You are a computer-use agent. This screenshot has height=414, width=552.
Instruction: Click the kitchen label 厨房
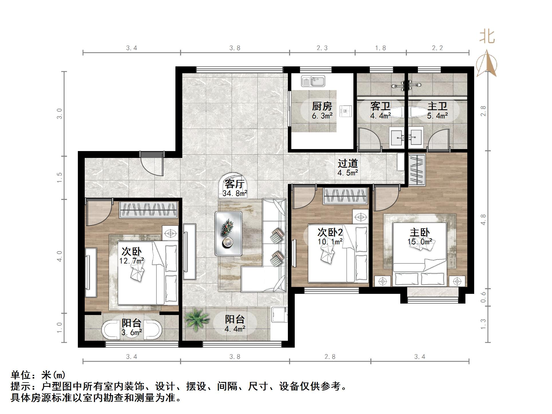point(322,106)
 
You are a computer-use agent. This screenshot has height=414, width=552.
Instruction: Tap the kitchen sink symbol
point(313,81)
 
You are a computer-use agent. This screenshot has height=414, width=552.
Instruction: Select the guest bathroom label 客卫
point(380,106)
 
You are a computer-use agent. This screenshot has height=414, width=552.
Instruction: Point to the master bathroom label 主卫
point(437,106)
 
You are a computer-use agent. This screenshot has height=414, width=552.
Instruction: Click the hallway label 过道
point(348,163)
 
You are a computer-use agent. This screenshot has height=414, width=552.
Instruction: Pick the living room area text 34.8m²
point(235,193)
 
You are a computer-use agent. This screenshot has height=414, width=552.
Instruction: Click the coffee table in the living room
point(228,233)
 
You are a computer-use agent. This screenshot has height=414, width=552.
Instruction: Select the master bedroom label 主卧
point(420,232)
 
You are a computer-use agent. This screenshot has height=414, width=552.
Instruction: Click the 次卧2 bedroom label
point(330,232)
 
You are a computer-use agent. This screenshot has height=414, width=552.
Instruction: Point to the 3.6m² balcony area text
point(132,332)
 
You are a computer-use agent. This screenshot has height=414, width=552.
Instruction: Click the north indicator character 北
point(487,37)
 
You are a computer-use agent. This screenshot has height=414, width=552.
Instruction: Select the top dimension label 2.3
point(322,48)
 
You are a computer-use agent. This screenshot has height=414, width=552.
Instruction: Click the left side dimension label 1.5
point(59,178)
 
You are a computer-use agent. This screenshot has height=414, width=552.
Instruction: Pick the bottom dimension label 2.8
point(330,356)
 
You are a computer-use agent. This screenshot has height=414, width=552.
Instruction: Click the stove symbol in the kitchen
point(346,111)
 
